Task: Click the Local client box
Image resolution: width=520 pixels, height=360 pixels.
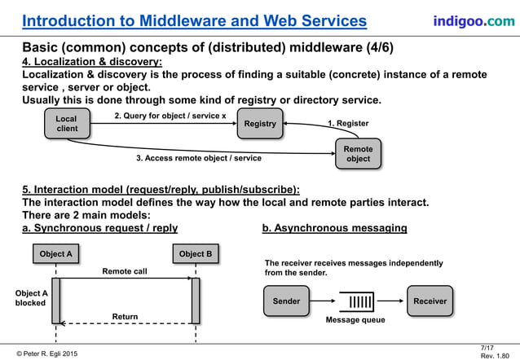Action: click(x=66, y=124)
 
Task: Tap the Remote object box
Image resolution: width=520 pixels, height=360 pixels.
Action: click(x=358, y=154)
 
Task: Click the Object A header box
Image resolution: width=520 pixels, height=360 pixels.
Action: click(x=55, y=254)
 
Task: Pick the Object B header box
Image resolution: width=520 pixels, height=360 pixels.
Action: click(x=196, y=254)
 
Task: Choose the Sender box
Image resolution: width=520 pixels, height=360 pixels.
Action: click(x=286, y=301)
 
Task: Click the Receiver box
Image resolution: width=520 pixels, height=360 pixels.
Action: click(x=430, y=301)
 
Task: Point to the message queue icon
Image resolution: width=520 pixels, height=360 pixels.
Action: click(x=356, y=301)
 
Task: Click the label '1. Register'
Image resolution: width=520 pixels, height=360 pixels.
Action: click(x=348, y=124)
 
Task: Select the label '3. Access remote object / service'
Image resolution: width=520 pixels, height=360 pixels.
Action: click(x=199, y=158)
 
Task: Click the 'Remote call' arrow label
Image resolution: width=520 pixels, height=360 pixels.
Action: click(x=124, y=271)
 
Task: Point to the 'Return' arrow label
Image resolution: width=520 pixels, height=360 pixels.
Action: click(x=125, y=316)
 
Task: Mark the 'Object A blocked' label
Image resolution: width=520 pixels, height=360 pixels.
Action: click(x=31, y=298)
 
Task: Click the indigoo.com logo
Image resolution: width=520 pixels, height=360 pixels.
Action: click(x=473, y=20)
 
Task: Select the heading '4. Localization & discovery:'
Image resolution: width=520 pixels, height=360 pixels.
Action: click(x=91, y=61)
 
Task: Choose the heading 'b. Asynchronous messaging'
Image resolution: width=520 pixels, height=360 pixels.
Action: click(x=334, y=228)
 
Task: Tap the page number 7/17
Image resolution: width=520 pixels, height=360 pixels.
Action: click(x=489, y=347)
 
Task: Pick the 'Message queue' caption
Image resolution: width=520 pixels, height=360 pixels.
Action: click(x=355, y=320)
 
